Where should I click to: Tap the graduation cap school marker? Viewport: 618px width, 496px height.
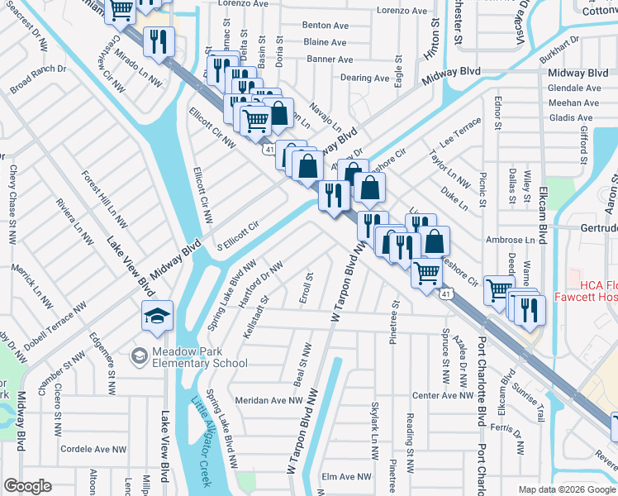(157, 317)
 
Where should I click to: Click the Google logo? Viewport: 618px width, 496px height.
(28, 486)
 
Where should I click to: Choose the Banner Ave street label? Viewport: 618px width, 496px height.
(330, 60)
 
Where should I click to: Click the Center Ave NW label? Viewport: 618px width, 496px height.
(443, 396)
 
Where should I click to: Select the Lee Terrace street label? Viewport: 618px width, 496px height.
(459, 132)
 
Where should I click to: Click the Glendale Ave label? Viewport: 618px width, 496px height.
(578, 88)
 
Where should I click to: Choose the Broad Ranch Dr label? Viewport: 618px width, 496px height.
(37, 79)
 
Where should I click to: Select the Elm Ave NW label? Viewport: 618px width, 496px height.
(348, 477)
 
